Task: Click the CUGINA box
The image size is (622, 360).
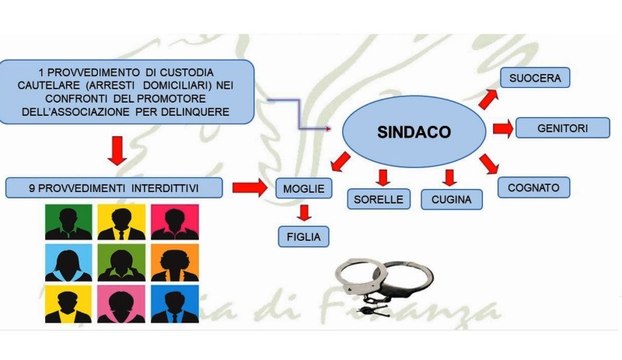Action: click(450, 200)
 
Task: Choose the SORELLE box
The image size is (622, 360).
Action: click(377, 199)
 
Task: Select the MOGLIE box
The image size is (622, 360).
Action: click(300, 187)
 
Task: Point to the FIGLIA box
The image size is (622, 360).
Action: click(301, 236)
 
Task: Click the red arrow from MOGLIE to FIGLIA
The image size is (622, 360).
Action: click(301, 212)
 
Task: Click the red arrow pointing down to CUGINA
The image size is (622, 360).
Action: click(450, 178)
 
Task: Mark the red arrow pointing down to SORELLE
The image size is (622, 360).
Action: click(383, 178)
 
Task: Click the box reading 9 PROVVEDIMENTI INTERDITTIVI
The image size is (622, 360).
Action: click(115, 187)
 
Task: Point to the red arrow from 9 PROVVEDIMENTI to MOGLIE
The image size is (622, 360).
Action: click(249, 186)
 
